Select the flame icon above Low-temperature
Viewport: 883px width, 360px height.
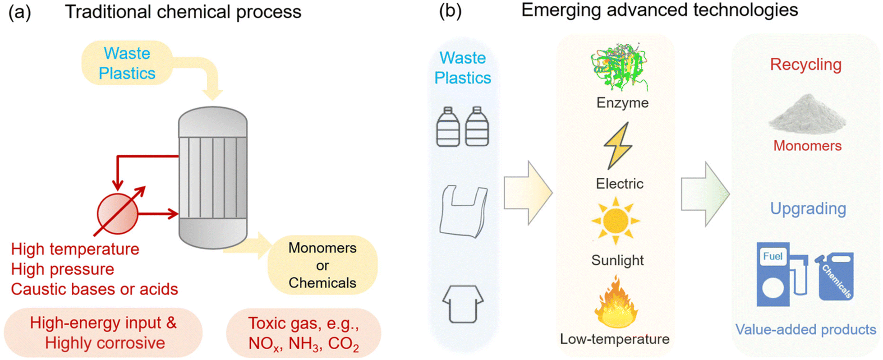pyautogui.click(x=616, y=303)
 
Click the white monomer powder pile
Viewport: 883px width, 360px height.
pyautogui.click(x=807, y=114)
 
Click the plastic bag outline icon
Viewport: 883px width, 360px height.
pyautogui.click(x=464, y=211)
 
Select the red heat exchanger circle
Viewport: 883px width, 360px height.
pyautogui.click(x=117, y=214)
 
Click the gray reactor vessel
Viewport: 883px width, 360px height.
pyautogui.click(x=213, y=177)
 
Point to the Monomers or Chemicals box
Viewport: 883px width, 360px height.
pyautogui.click(x=322, y=265)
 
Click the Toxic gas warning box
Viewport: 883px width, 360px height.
pyautogui.click(x=304, y=333)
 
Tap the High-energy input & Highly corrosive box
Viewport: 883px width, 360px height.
pyautogui.click(x=103, y=333)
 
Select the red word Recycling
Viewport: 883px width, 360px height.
pyautogui.click(x=806, y=65)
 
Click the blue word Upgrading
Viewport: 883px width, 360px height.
pyautogui.click(x=808, y=209)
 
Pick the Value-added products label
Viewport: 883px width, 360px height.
pyautogui.click(x=806, y=329)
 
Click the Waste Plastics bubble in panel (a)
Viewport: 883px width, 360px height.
pyautogui.click(x=127, y=63)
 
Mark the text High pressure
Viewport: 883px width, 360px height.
pyautogui.click(x=63, y=269)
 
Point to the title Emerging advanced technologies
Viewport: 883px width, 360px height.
pyautogui.click(x=660, y=10)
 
